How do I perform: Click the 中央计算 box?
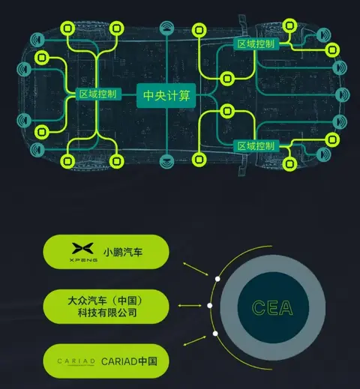click(166, 95)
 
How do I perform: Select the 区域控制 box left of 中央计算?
click(98, 94)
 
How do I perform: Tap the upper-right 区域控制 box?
click(256, 44)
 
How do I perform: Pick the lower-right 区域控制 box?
click(256, 146)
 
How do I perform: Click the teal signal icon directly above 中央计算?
click(166, 28)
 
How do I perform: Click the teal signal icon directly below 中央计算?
click(166, 160)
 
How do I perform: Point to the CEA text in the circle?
click(272, 307)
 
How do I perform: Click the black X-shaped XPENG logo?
click(82, 248)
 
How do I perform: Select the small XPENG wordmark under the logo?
click(83, 260)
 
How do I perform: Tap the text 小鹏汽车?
click(123, 252)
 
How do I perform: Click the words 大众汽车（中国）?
click(105, 301)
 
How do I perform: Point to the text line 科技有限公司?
click(107, 313)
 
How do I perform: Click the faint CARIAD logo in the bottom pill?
click(76, 361)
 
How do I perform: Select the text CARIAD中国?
click(129, 361)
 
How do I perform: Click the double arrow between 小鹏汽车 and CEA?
click(196, 269)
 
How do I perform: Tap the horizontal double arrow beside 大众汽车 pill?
click(190, 306)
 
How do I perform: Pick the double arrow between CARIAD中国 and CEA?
click(195, 341)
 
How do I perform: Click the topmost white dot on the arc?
click(217, 279)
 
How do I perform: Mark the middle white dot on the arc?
click(210, 306)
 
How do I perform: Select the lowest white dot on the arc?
click(215, 334)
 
